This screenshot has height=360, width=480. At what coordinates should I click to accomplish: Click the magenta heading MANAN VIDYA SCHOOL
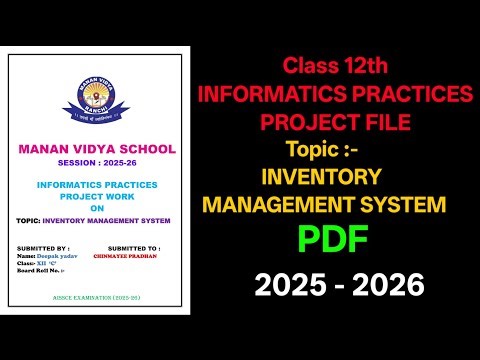click(97, 150)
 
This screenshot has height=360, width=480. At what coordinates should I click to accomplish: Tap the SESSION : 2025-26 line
click(97, 164)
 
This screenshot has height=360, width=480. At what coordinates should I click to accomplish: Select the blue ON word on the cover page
click(97, 208)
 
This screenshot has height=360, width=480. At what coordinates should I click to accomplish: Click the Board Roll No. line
click(39, 271)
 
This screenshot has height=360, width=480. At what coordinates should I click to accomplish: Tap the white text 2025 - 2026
click(339, 286)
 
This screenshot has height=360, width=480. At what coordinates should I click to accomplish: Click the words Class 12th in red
click(334, 67)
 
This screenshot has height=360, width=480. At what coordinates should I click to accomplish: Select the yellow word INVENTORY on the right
click(320, 177)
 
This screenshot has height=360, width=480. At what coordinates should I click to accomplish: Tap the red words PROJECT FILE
click(336, 123)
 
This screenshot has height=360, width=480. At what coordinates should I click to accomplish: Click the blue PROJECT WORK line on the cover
click(97, 196)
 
